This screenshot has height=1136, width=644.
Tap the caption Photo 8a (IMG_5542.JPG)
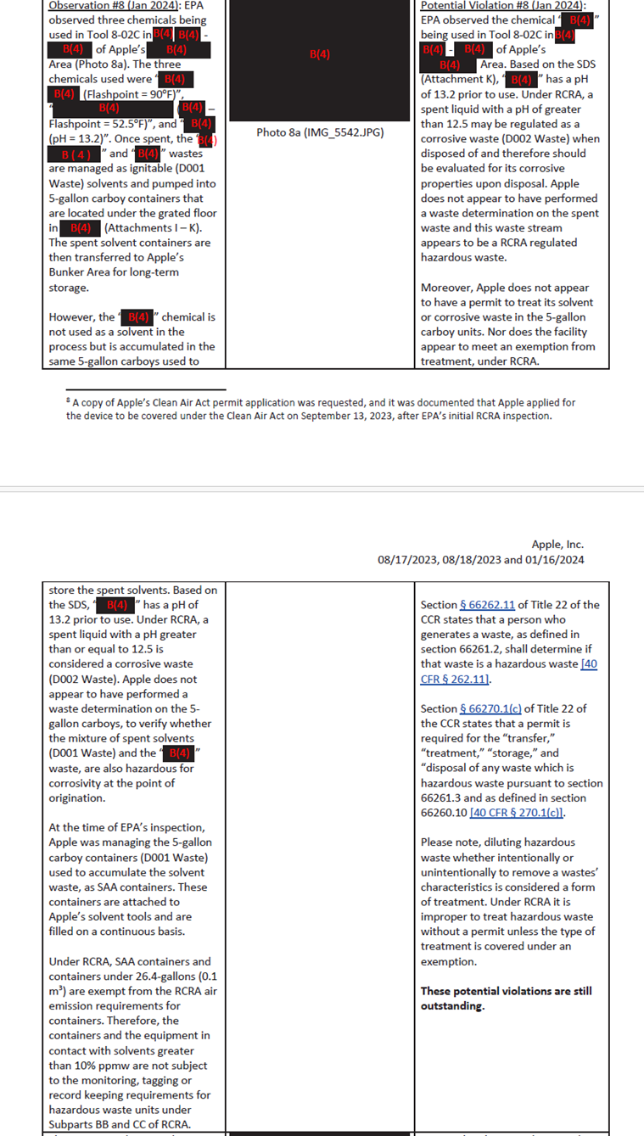point(320,132)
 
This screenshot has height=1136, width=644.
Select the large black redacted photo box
point(320,59)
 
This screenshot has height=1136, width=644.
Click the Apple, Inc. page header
point(557,545)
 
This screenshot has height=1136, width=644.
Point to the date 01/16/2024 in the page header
point(556,560)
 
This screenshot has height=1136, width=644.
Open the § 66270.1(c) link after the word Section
point(491,709)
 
